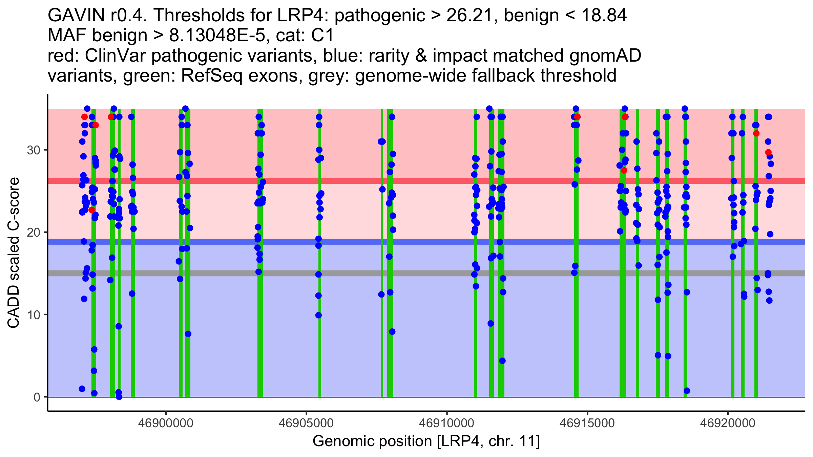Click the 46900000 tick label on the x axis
(x=166, y=423)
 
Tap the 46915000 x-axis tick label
(x=587, y=423)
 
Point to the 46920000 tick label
(x=728, y=423)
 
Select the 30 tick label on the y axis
(x=33, y=150)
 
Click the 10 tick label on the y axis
(x=33, y=315)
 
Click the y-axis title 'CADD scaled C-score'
(x=14, y=253)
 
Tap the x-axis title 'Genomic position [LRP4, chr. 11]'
(x=426, y=441)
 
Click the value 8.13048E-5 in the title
(x=217, y=36)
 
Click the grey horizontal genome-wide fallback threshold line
(x=339, y=273)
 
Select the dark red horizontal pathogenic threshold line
(x=339, y=181)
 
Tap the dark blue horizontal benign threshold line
(x=339, y=242)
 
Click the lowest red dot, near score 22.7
(x=91, y=210)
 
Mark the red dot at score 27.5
(x=624, y=170)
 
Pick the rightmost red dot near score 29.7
(x=768, y=152)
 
